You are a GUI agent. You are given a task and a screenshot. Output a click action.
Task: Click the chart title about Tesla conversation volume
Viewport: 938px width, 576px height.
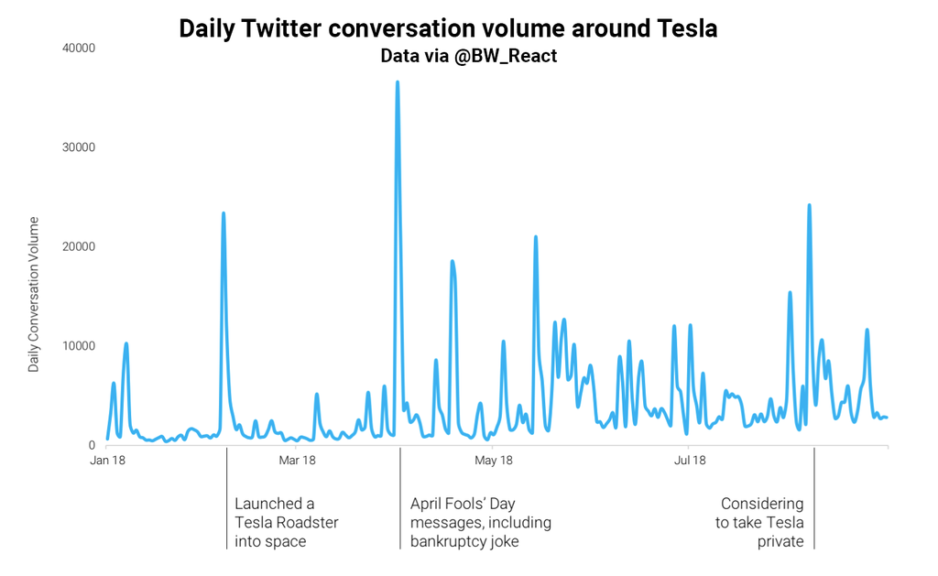pos(448,28)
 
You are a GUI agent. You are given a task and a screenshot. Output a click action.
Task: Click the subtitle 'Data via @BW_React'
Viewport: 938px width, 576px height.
pos(469,56)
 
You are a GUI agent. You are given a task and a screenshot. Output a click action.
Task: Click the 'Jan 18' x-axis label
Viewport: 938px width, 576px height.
pos(107,460)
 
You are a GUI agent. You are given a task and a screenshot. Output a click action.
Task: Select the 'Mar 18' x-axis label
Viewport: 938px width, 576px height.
pos(297,460)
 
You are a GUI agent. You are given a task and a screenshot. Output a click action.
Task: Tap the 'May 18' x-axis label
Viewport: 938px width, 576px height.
pos(494,460)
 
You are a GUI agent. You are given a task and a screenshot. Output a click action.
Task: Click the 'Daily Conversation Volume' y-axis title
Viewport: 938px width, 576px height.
pos(34,294)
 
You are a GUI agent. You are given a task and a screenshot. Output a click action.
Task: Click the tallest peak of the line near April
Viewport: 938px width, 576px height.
pos(397,82)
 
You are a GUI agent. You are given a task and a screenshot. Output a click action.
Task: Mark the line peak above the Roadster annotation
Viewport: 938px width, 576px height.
pos(224,213)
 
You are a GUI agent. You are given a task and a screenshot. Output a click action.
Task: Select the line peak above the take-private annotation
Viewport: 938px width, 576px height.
pos(809,205)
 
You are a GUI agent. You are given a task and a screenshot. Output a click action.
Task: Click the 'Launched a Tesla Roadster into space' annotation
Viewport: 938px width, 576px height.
pos(286,522)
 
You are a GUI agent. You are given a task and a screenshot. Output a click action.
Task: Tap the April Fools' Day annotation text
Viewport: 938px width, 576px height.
pos(480,522)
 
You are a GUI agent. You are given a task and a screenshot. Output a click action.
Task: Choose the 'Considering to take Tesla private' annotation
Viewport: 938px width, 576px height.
pos(760,522)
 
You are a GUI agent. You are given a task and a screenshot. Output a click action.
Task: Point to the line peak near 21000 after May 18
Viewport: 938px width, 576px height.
pos(536,237)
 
